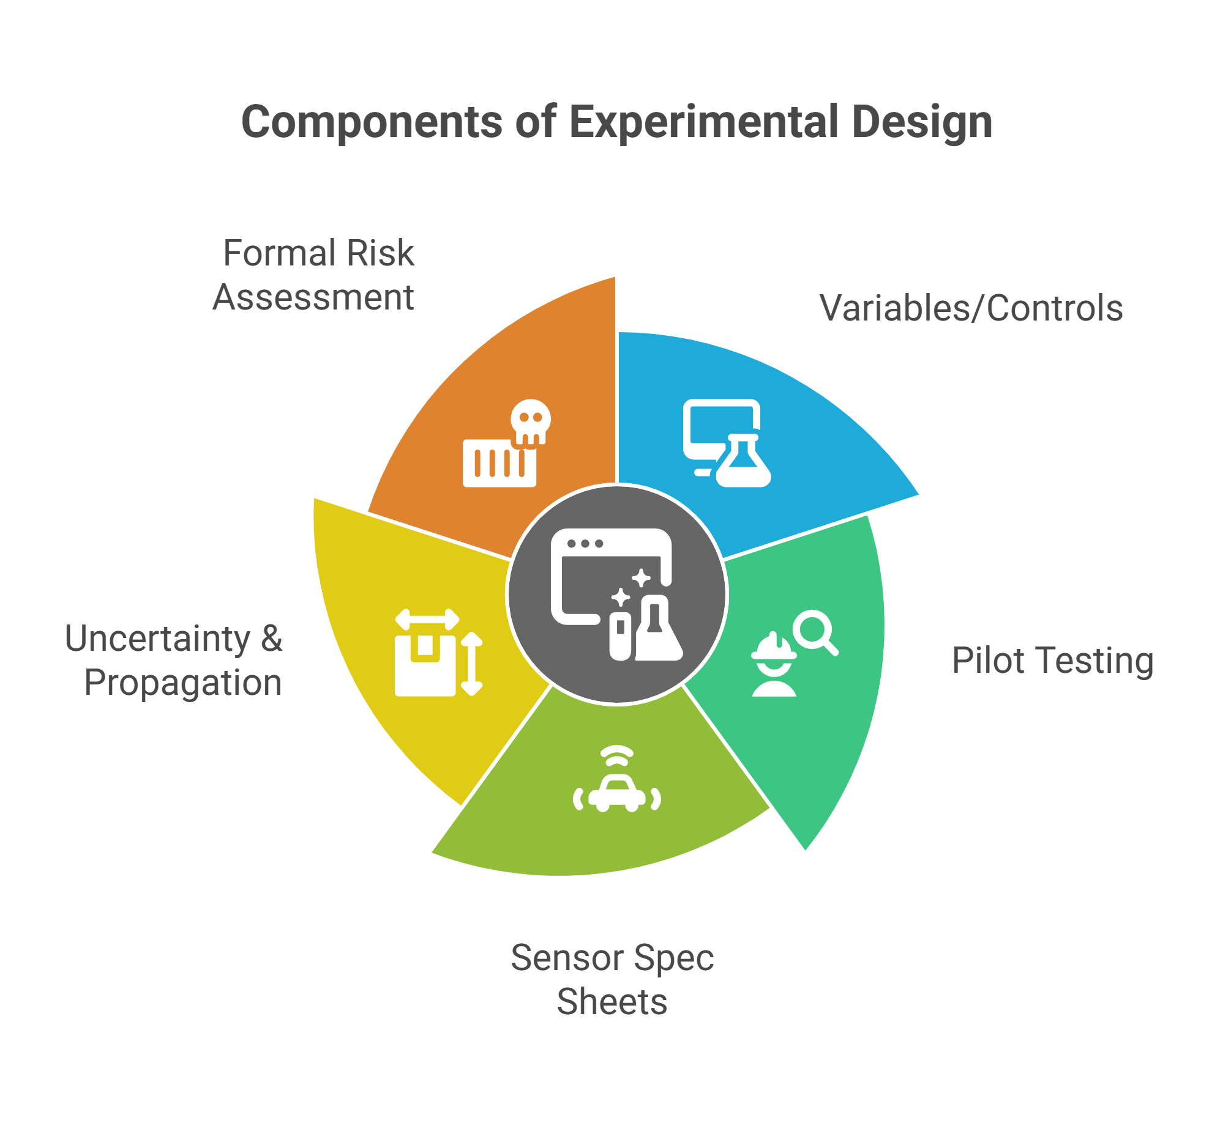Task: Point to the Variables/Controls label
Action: [x=971, y=308]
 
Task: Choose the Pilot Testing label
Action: [x=1052, y=661]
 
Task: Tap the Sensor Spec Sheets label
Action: [x=612, y=979]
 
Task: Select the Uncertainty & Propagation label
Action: [x=174, y=661]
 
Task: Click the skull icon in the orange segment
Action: [x=530, y=421]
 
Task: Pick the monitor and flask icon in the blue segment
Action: [x=727, y=443]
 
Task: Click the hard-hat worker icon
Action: [x=774, y=667]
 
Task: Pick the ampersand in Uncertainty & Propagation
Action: [x=271, y=639]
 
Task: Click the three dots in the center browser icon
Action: [x=585, y=543]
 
